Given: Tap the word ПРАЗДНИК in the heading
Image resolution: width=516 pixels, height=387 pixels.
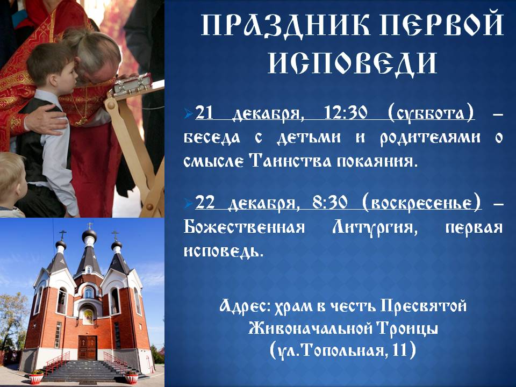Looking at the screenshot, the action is tap(285, 25).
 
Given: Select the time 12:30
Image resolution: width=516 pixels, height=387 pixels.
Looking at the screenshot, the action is tap(346, 113).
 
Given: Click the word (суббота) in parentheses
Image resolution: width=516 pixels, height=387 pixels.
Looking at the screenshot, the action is tap(431, 113).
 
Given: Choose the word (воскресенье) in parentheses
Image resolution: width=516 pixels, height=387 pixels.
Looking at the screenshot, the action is tap(422, 203).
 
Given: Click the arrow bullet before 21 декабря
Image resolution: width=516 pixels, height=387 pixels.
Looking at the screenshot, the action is tap(189, 114).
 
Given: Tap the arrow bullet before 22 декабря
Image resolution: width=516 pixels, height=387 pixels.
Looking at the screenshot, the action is tap(189, 203).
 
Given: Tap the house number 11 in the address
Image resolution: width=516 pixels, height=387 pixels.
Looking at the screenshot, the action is tap(399, 350).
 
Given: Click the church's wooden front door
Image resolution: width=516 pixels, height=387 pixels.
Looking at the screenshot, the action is tap(87, 348).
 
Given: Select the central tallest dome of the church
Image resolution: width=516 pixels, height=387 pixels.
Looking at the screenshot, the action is tap(89, 235).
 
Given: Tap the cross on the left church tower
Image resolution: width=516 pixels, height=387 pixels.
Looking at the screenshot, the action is tap(62, 235).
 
